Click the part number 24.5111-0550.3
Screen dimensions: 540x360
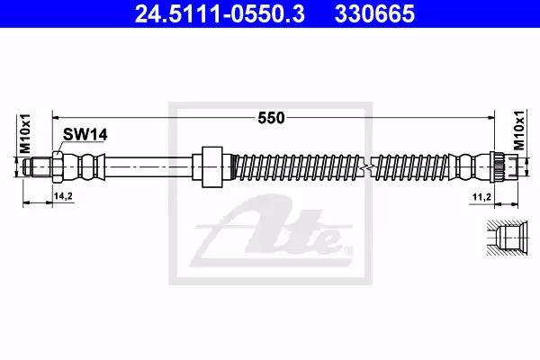220,13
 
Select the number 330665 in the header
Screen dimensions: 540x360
374,13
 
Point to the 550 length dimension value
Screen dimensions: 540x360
272,118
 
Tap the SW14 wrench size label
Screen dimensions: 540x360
85,135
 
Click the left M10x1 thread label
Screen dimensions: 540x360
25,134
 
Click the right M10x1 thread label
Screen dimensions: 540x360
519,130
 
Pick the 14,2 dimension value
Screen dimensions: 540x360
63,196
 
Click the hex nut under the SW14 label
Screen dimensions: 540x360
58,166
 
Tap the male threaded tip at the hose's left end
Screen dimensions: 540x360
38,166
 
